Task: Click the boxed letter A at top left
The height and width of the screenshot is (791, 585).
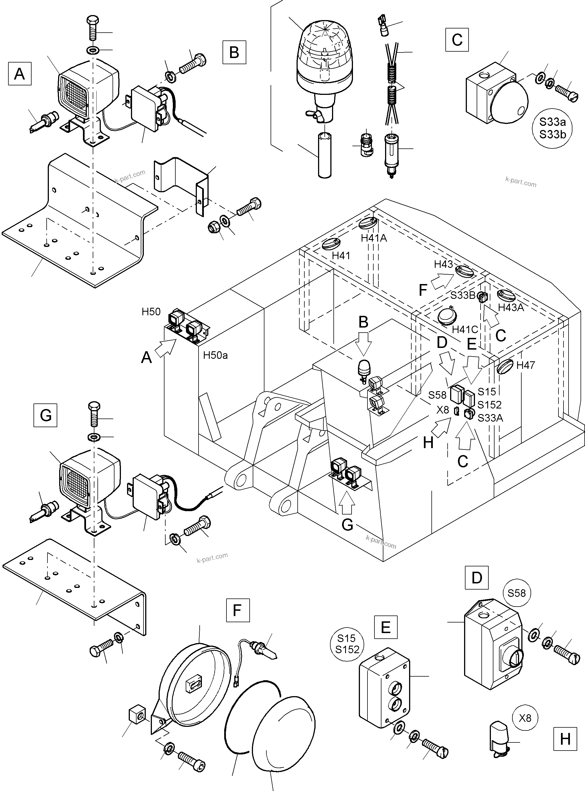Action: [x=20, y=74]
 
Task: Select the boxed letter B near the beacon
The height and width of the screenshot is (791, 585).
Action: [x=234, y=52]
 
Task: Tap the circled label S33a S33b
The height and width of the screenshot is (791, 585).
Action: [x=552, y=128]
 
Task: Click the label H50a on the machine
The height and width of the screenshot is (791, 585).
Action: [x=215, y=355]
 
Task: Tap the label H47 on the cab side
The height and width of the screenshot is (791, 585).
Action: [x=526, y=365]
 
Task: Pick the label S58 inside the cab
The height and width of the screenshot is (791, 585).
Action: [x=437, y=395]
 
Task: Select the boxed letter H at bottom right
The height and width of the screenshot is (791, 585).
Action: [x=565, y=739]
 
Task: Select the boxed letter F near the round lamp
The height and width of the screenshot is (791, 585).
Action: [x=238, y=610]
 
